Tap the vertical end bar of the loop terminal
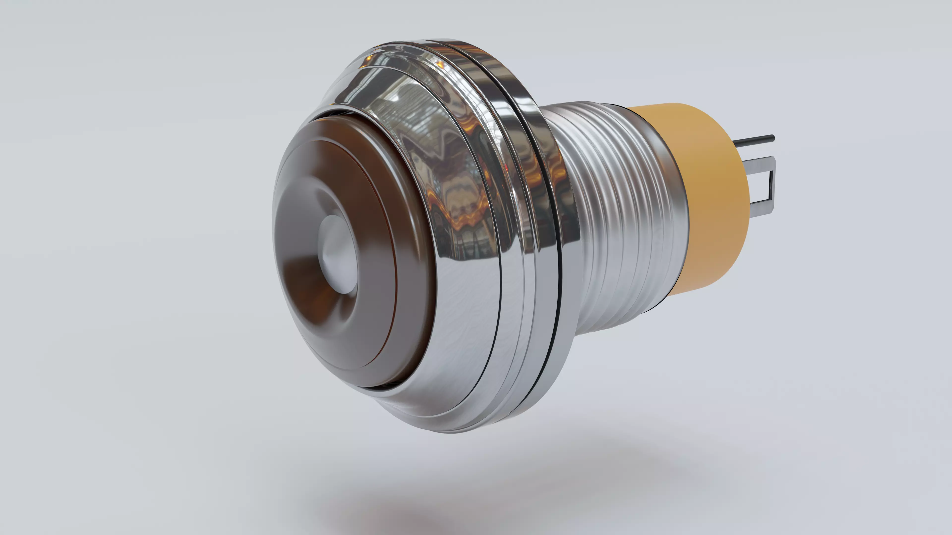[x=772, y=185]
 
